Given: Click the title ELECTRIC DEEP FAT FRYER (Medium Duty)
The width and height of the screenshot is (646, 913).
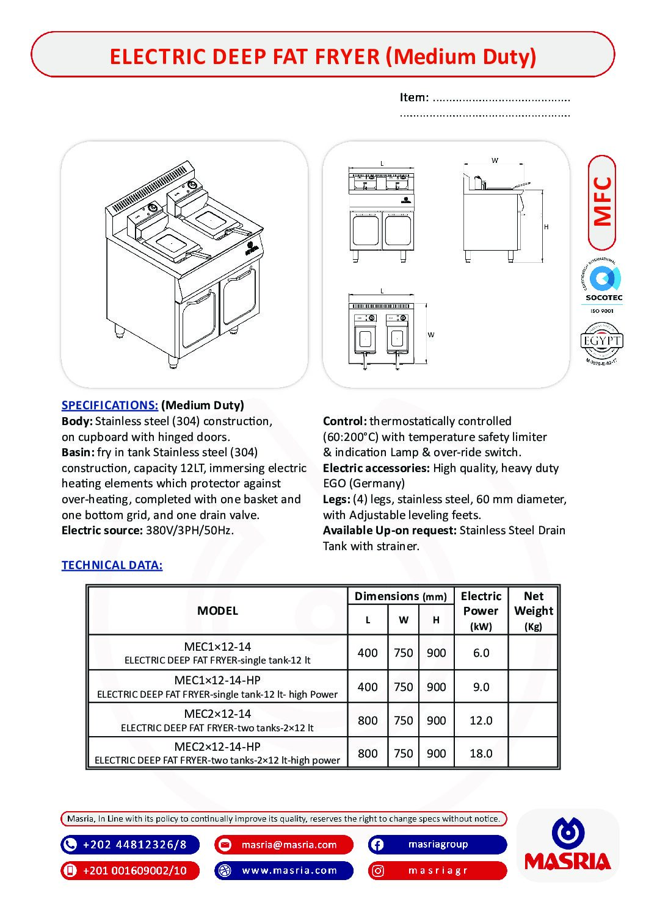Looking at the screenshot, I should pos(322,56).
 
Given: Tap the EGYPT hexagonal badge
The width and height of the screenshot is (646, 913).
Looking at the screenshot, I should pos(601,342).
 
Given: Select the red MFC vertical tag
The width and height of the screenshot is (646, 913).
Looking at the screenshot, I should pos(602,202).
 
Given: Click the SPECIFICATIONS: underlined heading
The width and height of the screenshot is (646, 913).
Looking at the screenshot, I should pos(110,406).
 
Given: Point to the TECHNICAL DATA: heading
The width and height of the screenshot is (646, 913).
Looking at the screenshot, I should pos(112,565).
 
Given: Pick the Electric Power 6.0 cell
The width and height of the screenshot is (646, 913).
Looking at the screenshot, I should pos(481,653).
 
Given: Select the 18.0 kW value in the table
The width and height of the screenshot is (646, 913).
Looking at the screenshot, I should pos(481,753).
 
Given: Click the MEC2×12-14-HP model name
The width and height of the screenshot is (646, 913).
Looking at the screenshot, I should pos(217,747).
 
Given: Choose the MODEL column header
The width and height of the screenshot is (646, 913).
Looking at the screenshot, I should pos(217,610).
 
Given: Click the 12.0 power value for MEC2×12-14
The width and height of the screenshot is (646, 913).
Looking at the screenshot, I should pos(481,720).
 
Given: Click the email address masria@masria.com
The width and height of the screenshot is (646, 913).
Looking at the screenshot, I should pos(289,845).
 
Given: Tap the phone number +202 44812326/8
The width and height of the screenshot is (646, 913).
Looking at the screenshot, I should pos(134,845).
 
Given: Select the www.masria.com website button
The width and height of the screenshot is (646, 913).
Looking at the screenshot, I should pos(289,871).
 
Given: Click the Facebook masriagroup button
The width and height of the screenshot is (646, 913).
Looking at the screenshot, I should pos(438,845).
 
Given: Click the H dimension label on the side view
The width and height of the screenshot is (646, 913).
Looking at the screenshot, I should pos(546,227).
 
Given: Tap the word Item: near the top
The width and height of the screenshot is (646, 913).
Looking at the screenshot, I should pos(414,98).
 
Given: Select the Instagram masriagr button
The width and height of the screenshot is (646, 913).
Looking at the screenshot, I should pos(438,871).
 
